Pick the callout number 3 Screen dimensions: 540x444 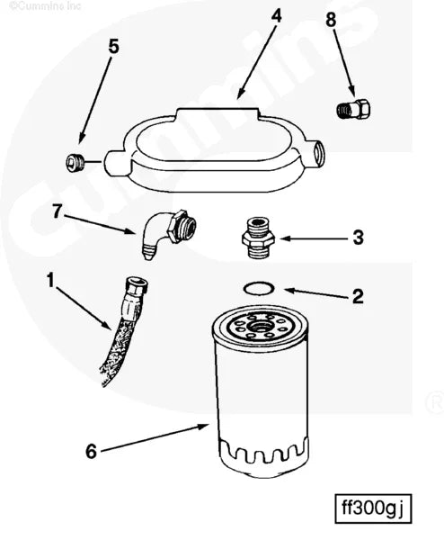tap(357, 238)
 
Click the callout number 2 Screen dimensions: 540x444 tap(357, 295)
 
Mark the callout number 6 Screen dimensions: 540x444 tap(90, 450)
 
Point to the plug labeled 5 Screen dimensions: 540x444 tap(74, 162)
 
